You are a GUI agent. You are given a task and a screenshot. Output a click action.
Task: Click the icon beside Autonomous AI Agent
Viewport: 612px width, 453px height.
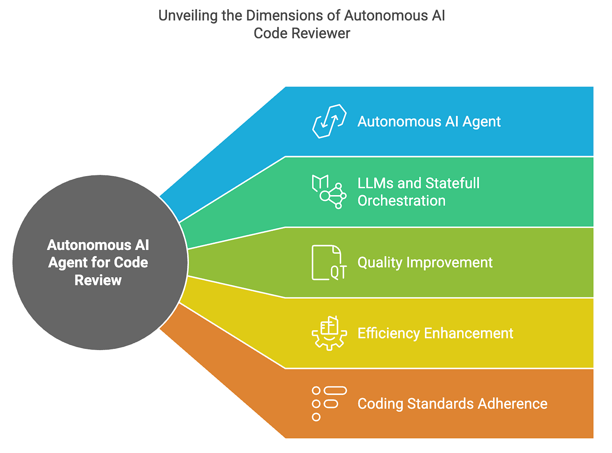coord(329,121)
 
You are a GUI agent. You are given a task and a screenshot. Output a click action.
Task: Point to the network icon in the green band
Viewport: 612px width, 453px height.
coord(329,192)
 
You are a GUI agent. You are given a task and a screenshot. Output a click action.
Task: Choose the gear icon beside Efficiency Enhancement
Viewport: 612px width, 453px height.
coord(329,333)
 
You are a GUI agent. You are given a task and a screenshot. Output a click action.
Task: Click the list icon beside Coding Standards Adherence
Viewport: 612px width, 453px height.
coord(329,403)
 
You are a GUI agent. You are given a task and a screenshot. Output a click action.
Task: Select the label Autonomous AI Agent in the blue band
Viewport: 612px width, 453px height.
coord(429,122)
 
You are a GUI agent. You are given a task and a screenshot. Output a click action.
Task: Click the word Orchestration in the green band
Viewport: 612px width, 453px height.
coord(401,201)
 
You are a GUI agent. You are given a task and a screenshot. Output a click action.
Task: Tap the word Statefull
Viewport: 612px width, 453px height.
coord(452,183)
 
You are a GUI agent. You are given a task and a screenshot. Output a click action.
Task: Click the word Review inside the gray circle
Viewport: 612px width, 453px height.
coord(98,280)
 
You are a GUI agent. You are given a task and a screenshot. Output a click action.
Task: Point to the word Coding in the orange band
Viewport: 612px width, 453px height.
coord(380,404)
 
